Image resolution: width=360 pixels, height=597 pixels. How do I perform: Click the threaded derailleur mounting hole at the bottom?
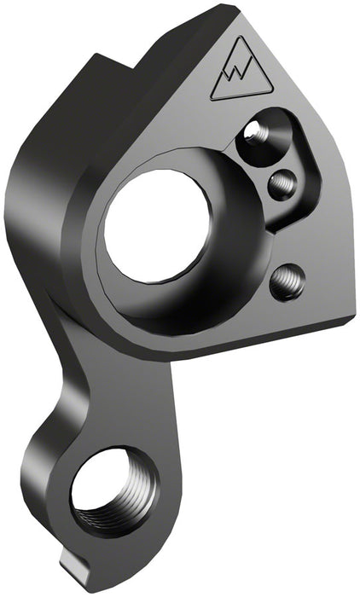(x=110, y=496)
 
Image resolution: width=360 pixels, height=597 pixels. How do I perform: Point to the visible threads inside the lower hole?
(x=128, y=503)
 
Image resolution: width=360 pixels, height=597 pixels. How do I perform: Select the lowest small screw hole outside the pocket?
(x=286, y=282)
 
